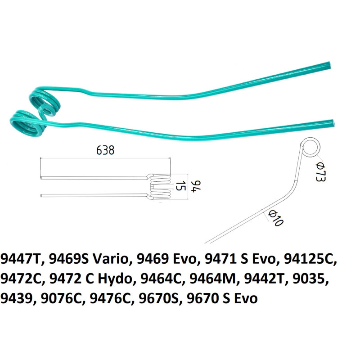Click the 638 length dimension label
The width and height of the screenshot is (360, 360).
(105, 150)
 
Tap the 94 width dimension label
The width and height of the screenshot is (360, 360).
(197, 186)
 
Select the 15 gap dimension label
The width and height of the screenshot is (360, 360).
(180, 186)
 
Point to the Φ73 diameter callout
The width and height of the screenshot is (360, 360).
(320, 172)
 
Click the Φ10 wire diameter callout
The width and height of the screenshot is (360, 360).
(276, 218)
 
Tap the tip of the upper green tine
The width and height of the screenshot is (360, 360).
(329, 65)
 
